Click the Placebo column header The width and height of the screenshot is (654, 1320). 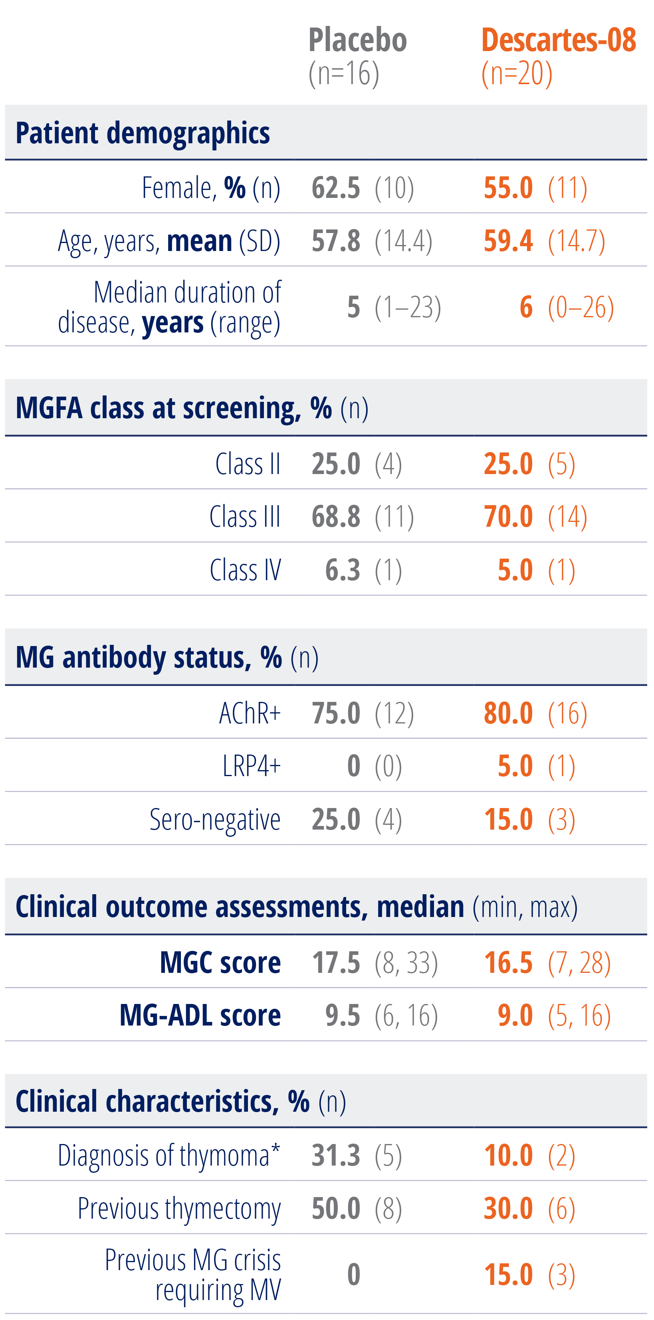pos(357,40)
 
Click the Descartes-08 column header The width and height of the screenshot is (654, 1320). pos(558,40)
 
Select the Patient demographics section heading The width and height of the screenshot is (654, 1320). pos(143,133)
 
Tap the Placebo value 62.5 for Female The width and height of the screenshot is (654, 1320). pos(336,188)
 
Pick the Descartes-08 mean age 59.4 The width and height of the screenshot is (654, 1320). pos(508,241)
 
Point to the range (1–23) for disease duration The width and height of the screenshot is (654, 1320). pos(408,307)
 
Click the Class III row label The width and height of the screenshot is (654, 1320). pos(245,516)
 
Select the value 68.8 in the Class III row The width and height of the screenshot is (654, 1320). pos(336,516)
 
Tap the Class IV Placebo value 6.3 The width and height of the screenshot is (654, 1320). pos(343,570)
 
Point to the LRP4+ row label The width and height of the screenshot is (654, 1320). pos(251,766)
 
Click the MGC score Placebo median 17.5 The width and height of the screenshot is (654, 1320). pos(336,962)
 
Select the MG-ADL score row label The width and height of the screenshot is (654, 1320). pos(200,1015)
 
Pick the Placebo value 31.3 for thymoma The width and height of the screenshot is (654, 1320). pos(336,1156)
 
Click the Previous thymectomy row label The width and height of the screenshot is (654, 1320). pos(179,1208)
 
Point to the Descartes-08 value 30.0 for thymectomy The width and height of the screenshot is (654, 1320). pos(508,1208)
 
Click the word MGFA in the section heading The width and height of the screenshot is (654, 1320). pos(49,408)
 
